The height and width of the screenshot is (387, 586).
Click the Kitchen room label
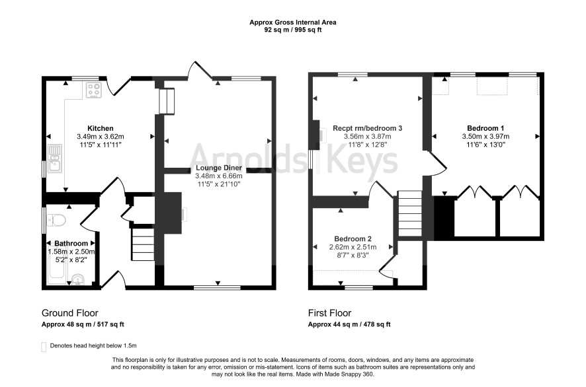coord(100,128)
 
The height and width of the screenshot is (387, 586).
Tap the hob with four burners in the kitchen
coord(94,90)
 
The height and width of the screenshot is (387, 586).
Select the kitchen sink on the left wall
coord(55,158)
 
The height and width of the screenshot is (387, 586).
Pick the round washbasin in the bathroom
coord(78,279)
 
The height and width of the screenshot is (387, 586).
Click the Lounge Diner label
coord(219,168)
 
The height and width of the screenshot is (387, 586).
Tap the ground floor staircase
coord(143,244)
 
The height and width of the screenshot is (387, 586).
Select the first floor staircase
coord(410,213)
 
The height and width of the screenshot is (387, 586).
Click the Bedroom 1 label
coord(485,128)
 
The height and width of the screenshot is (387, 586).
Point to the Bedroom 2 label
coord(353,239)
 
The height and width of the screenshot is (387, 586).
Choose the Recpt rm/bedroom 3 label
coord(367,128)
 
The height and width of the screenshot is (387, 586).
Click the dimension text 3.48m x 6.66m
coord(219,176)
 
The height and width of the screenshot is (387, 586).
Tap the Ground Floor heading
coord(70,313)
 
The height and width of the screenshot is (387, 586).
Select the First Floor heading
coord(329,313)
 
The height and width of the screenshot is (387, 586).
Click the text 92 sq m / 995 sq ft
coord(293,30)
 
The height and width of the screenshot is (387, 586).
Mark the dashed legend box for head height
coord(44,347)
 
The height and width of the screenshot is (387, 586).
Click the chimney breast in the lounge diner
coord(172,213)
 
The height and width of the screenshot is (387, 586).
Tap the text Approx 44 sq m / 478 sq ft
coord(349,324)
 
